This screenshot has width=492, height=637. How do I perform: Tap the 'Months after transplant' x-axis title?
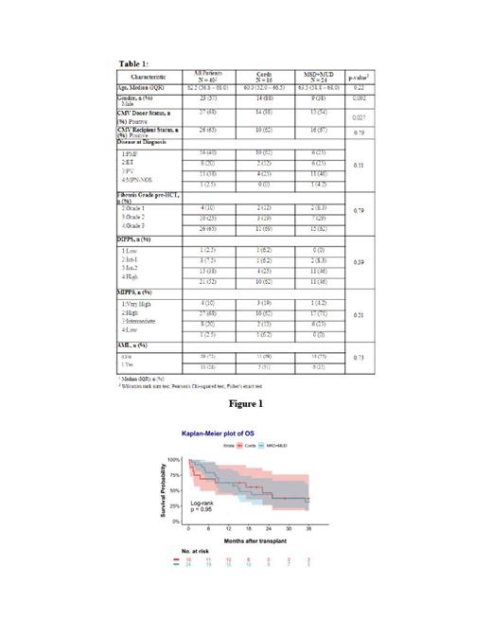point(251,540)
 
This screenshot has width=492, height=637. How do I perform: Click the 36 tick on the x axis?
point(309,528)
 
